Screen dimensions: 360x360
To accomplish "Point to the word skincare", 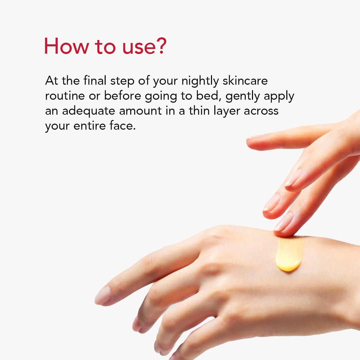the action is coord(245,81).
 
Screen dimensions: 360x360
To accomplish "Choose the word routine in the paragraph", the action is coord(65,96).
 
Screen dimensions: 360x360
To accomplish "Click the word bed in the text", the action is coord(208,96).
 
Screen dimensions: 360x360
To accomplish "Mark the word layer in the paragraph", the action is coord(227,112).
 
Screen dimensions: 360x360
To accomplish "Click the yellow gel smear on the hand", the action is coord(289,254).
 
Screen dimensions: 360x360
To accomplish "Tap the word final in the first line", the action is coord(95,81).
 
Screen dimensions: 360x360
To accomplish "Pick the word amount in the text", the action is coord(140,111).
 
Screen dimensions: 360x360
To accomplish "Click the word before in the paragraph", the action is coord(122,96).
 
